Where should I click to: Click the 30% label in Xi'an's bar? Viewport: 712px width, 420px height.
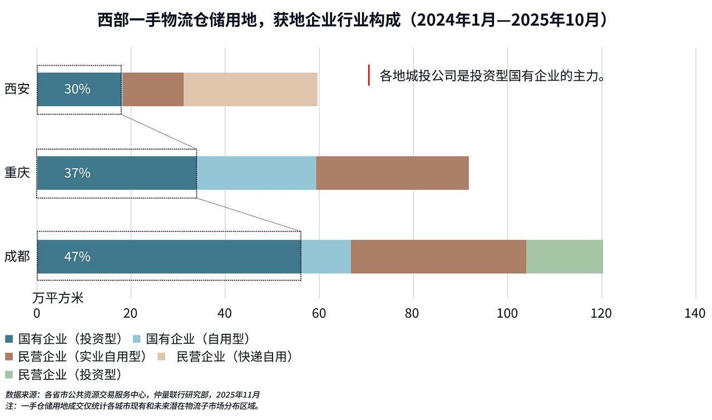(x=77, y=89)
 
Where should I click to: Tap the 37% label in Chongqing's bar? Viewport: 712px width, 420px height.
(x=77, y=173)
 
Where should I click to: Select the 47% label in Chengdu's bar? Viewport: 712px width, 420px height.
(x=77, y=256)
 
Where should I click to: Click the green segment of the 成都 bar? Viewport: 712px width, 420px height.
(x=564, y=256)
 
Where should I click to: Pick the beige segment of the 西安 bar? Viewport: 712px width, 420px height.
(x=250, y=89)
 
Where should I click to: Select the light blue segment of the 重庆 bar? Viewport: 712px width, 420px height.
(x=256, y=173)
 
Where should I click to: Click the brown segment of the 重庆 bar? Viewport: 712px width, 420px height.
(x=392, y=173)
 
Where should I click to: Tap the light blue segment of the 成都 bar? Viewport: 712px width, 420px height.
(x=326, y=256)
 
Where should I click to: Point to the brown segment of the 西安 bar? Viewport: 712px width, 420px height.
(x=153, y=89)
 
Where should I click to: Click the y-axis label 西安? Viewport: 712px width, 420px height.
(x=17, y=89)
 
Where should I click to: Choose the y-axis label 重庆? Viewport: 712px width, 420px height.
(x=17, y=172)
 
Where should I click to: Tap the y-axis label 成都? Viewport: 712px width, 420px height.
(x=17, y=256)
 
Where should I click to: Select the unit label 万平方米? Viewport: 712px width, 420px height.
(x=58, y=298)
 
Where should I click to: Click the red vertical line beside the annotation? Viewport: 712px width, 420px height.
(x=369, y=75)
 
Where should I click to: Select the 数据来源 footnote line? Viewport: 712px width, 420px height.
(x=132, y=394)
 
